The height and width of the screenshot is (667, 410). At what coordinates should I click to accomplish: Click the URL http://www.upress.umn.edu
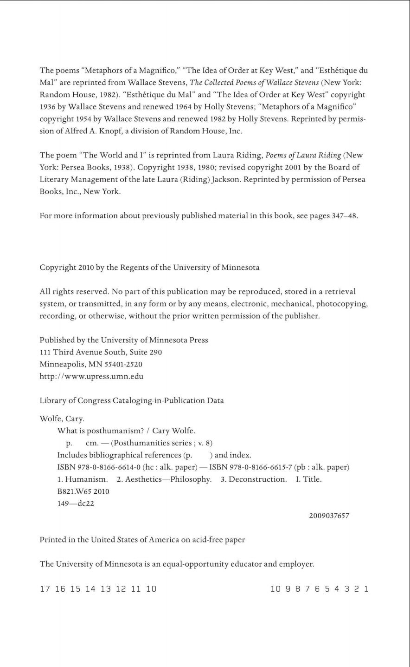(91, 376)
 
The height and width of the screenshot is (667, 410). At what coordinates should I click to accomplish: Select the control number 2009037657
(329, 516)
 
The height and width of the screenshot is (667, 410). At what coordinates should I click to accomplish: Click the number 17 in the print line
(45, 589)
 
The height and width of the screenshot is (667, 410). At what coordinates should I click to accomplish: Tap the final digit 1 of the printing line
(366, 589)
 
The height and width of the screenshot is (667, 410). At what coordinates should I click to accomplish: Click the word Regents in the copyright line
(135, 268)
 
